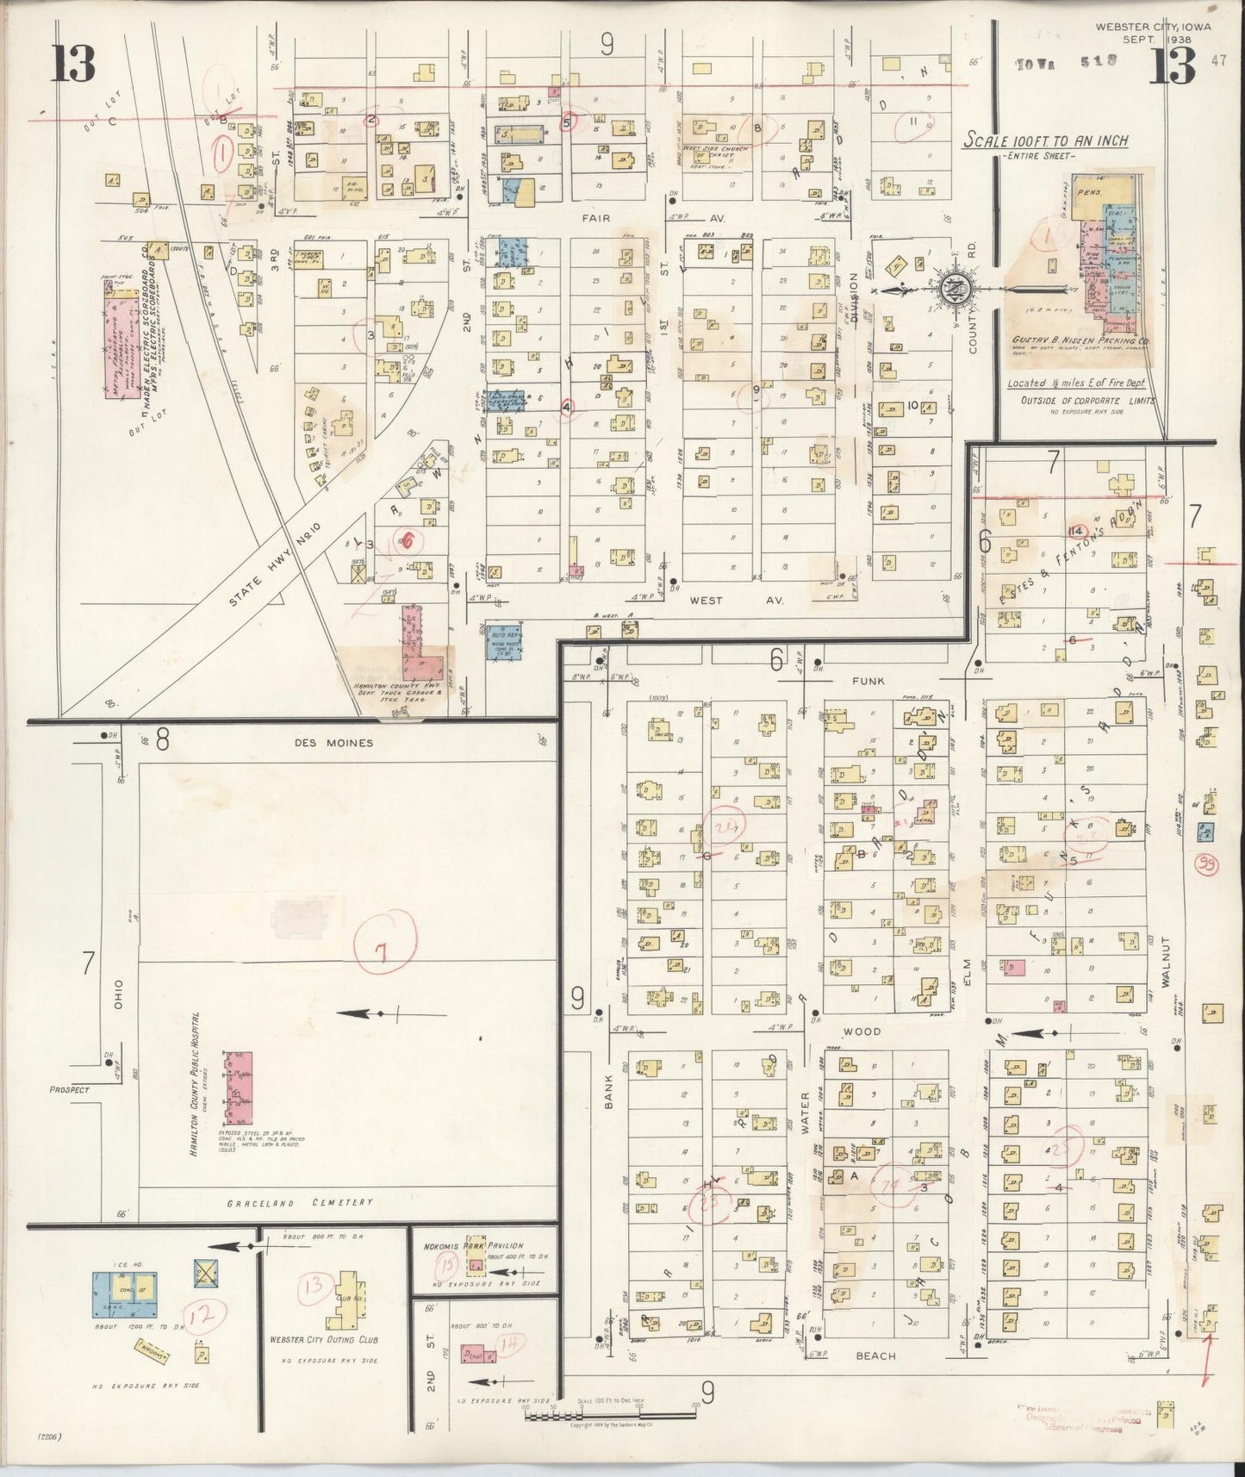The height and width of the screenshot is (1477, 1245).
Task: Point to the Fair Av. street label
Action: coord(595,218)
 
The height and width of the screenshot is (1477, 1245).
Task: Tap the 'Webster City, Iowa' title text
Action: coord(1153,27)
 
